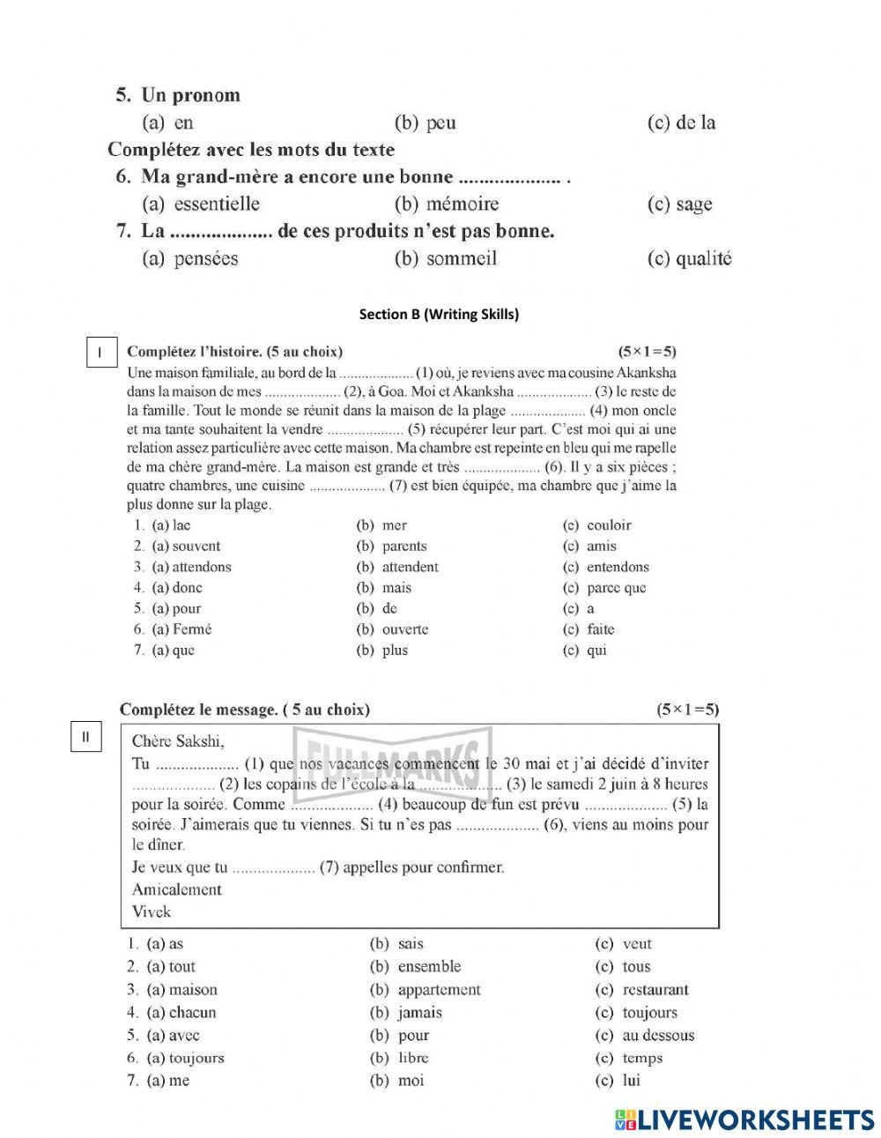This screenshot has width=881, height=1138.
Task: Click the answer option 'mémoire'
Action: click(x=462, y=205)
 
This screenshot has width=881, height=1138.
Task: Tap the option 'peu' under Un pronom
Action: click(x=440, y=123)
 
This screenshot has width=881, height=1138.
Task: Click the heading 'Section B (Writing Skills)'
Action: click(x=439, y=314)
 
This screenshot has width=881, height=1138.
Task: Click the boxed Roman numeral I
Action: click(x=100, y=353)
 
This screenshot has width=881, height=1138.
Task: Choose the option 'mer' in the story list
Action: click(x=394, y=525)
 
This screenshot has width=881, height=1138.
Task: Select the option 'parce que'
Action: click(x=616, y=588)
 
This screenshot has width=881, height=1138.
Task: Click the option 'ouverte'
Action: click(x=404, y=629)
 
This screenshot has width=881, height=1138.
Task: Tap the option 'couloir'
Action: click(x=609, y=525)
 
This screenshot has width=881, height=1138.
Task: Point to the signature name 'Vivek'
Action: click(x=151, y=911)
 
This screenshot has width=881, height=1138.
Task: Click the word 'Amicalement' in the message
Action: click(x=176, y=889)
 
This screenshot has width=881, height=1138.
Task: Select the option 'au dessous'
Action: click(x=658, y=1036)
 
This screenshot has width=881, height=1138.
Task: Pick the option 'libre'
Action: click(x=412, y=1058)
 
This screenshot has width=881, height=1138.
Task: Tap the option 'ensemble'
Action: click(x=429, y=967)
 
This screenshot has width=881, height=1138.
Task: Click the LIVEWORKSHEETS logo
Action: click(x=744, y=1119)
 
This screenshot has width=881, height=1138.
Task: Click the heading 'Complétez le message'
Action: click(x=244, y=710)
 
